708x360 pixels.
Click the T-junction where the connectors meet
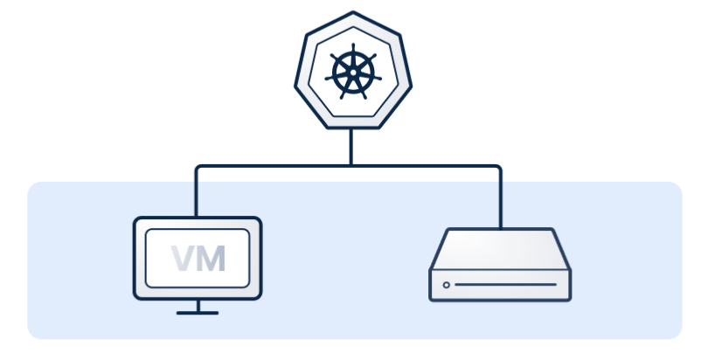352,164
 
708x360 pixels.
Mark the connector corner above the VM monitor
198,166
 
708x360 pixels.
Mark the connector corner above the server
500,166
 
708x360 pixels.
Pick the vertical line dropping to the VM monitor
197,192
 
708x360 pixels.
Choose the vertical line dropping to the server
501,197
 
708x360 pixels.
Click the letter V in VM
184,258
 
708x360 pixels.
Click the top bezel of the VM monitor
198,223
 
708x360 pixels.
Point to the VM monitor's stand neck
198,305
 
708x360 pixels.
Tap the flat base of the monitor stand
198,312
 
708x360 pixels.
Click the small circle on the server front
447,285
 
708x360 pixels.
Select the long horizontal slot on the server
504,285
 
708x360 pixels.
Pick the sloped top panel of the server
500,249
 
